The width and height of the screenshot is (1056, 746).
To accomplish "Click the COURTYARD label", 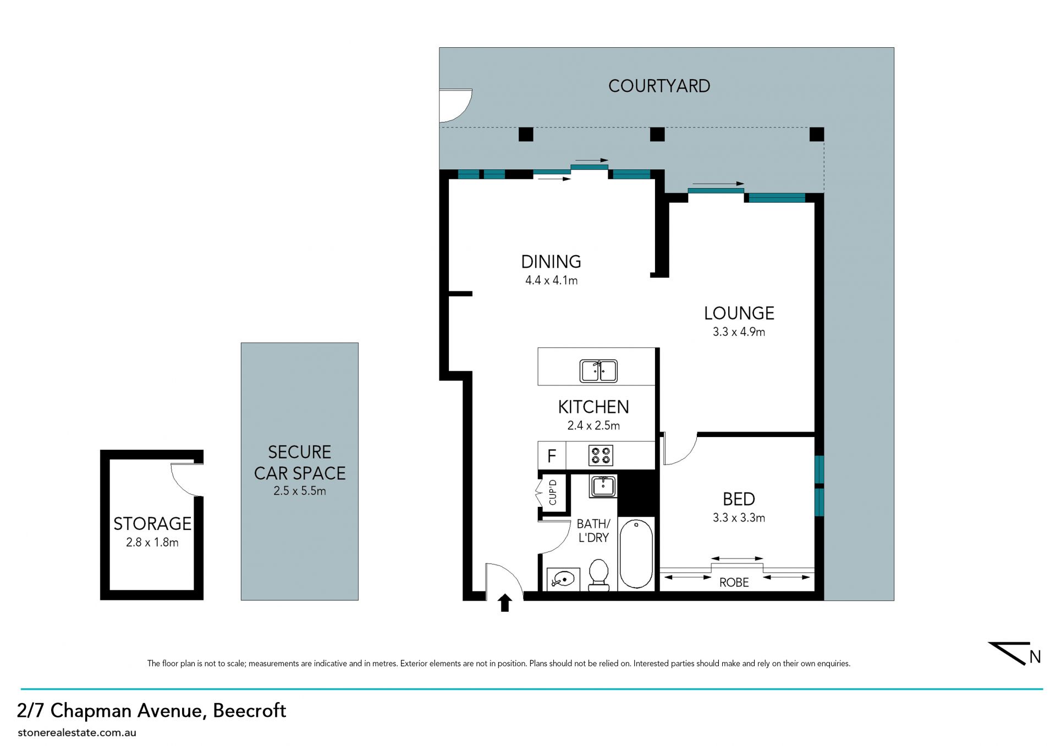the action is coord(659,86).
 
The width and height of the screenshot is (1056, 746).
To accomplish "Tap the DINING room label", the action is coord(551,262).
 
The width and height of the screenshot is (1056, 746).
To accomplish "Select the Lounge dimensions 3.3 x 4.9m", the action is coord(739,332).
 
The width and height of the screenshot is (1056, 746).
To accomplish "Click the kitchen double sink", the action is coord(598,371).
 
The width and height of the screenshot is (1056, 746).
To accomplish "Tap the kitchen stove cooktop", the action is coord(601,456).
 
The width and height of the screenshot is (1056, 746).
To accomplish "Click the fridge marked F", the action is coord(552,456).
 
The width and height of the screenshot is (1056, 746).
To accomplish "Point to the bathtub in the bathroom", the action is coord(636,554).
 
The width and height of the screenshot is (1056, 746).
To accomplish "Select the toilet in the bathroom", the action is coord(598,575).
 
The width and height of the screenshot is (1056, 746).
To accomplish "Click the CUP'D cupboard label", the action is coord(553,493).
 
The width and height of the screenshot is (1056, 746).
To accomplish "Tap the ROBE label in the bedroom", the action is coord(734,582).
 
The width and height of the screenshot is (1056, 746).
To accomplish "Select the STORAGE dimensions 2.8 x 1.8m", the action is coord(152,543).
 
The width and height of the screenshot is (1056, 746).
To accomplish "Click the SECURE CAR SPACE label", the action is coord(300,463).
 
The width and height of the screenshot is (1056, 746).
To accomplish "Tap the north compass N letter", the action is coord(1035,657).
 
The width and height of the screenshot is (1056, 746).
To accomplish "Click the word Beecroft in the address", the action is coord(250,711).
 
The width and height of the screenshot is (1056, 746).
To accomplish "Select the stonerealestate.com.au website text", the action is coord(77,733).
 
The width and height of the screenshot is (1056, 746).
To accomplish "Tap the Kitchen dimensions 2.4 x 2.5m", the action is coord(593,426).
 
